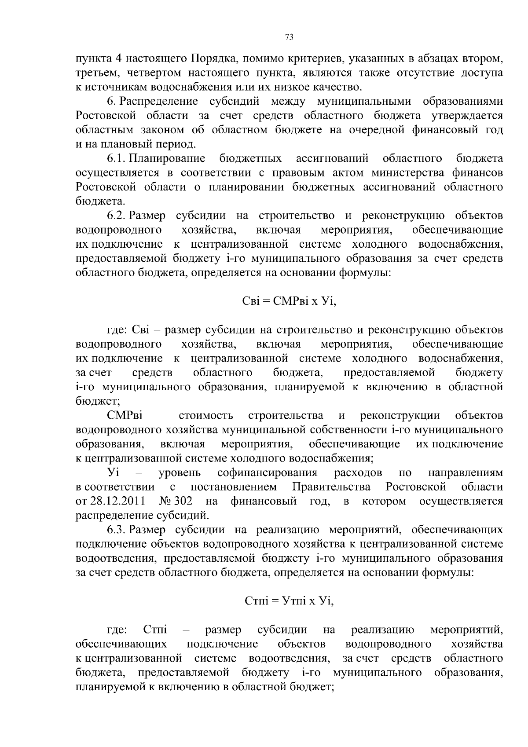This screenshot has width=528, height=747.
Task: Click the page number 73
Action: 289,37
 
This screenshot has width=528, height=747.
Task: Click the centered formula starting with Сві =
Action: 289,302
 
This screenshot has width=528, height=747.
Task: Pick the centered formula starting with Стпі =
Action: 289,601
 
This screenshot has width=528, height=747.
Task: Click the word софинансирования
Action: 267,473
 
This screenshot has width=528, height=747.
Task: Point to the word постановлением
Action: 234,487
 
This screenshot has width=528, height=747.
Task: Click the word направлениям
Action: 465,473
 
